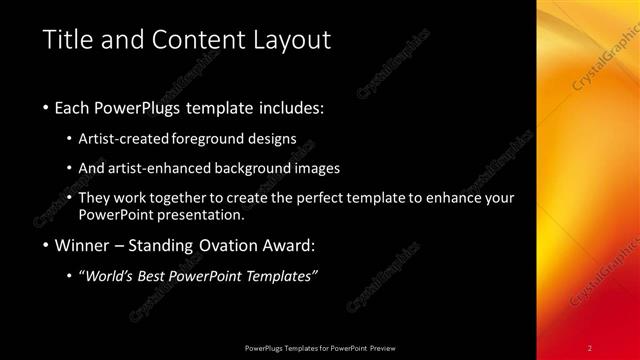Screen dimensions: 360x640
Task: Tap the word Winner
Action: click(79, 245)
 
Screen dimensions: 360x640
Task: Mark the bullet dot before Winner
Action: click(46, 245)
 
